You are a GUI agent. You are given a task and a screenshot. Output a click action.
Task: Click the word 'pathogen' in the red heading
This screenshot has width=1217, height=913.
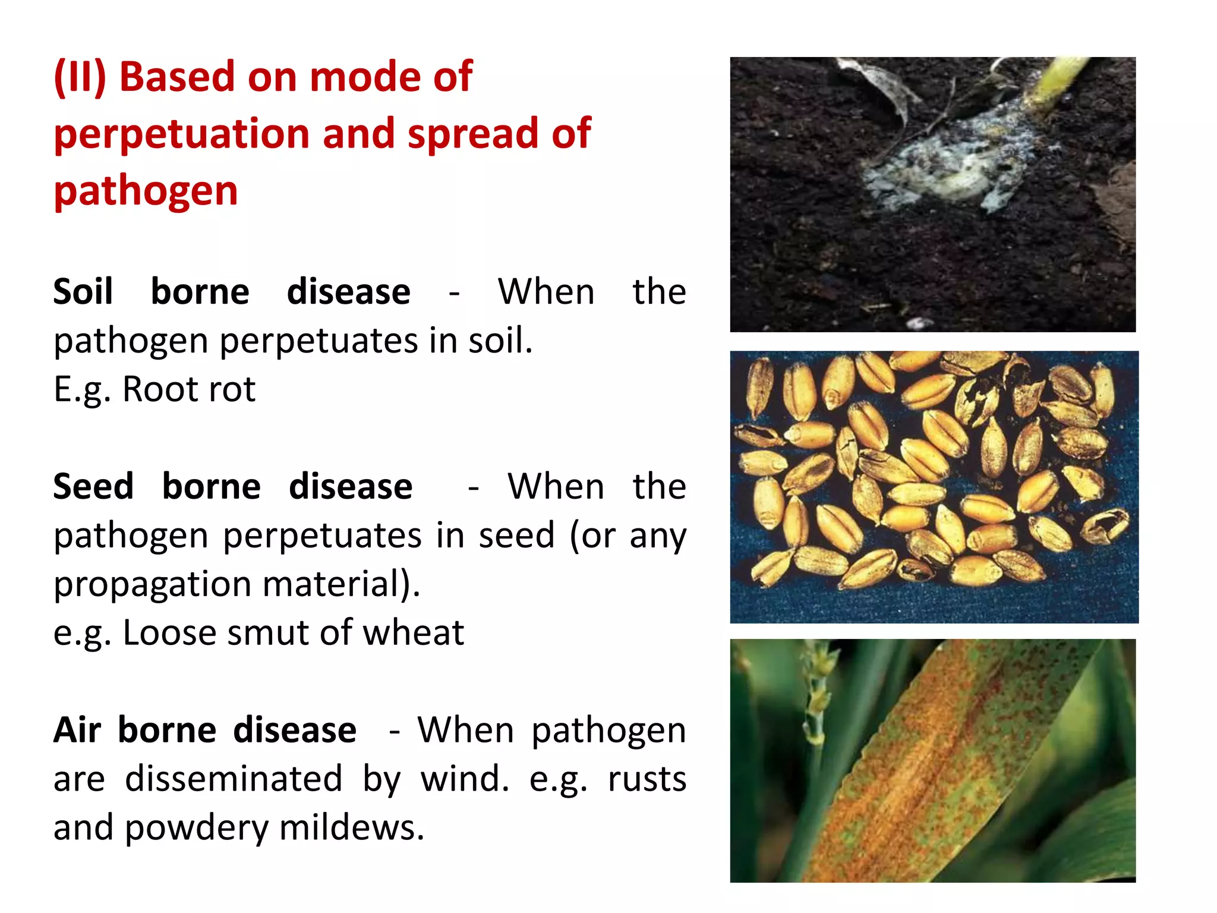146,191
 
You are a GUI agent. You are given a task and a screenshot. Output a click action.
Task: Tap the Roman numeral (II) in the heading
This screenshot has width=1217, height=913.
80,77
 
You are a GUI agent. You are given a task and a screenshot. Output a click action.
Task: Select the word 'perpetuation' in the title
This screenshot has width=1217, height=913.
182,134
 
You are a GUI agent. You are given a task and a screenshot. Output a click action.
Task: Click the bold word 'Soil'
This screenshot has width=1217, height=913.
83,292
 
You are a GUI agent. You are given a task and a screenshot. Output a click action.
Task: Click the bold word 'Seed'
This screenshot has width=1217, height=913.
93,487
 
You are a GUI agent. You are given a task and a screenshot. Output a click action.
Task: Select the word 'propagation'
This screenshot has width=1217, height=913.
152,585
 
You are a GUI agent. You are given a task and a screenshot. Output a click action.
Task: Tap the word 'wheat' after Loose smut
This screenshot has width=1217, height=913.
414,632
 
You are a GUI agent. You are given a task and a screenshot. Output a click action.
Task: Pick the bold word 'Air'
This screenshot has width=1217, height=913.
77,731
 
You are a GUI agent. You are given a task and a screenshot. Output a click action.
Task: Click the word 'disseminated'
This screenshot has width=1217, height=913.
233,779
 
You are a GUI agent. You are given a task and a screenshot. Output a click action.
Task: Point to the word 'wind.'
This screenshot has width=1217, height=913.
465,779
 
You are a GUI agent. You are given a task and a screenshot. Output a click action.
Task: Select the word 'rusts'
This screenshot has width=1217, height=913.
647,779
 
